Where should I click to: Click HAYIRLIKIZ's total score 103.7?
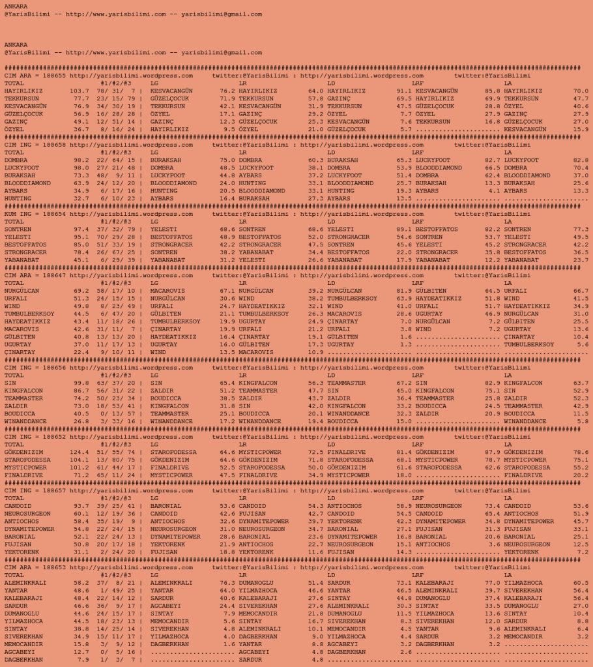pos(79,91)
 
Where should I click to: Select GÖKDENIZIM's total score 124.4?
pos(79,451)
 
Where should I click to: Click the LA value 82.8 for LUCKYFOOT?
pos(581,160)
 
